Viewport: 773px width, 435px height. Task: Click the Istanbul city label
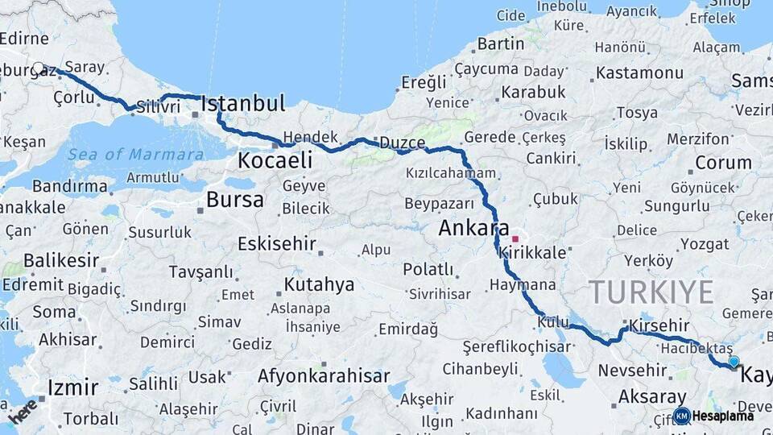click(242, 103)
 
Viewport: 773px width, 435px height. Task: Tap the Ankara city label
click(474, 228)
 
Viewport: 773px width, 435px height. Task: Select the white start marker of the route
click(38, 68)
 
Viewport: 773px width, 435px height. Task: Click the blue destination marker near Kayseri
click(734, 362)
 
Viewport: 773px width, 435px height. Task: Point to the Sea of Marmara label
click(135, 155)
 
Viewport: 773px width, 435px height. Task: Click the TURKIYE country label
click(651, 292)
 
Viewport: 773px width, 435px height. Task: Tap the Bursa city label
click(234, 200)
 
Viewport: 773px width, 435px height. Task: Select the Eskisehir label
click(276, 244)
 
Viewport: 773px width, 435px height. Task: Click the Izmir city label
click(72, 387)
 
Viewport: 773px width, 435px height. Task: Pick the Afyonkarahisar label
click(324, 375)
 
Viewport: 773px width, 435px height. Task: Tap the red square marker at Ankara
click(515, 239)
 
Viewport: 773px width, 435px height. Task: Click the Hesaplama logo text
click(722, 416)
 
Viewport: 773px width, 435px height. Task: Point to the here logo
click(23, 411)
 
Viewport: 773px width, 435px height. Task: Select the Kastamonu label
click(639, 73)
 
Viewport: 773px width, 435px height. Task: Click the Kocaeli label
click(274, 160)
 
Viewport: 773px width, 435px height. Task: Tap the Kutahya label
click(319, 284)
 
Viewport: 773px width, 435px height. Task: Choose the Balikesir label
click(61, 261)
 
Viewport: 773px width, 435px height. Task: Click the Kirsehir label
click(659, 325)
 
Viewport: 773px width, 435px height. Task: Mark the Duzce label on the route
click(402, 143)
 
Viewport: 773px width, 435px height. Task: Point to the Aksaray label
click(652, 397)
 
